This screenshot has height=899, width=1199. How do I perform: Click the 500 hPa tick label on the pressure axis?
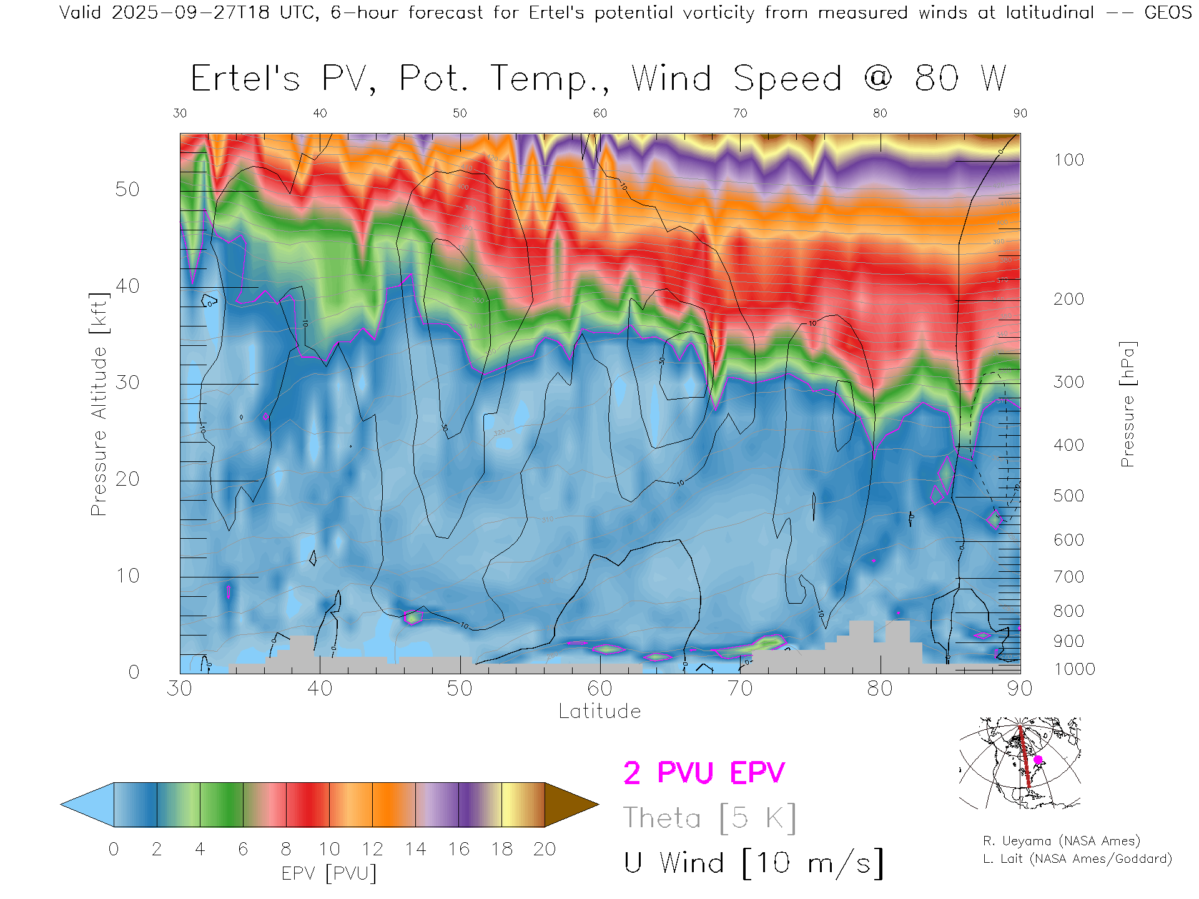[1068, 496]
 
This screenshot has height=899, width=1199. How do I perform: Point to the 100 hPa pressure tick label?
[1068, 160]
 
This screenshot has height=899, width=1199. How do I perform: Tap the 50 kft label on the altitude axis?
[127, 189]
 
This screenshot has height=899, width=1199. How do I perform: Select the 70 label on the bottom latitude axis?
[740, 688]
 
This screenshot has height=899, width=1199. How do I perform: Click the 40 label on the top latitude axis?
[320, 113]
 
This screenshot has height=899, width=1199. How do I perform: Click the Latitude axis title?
[599, 711]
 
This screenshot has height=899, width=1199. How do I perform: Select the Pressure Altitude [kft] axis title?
[99, 404]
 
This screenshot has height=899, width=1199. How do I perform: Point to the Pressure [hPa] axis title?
[1127, 404]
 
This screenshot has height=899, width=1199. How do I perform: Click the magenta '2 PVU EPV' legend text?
[704, 773]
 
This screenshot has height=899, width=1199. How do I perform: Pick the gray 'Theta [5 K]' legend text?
[709, 818]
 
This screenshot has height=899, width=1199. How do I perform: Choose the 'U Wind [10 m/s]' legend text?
[754, 863]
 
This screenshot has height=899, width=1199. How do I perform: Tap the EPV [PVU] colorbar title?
[329, 873]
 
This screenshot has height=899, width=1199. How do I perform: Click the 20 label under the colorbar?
[545, 849]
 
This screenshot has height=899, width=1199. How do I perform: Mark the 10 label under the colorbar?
[329, 849]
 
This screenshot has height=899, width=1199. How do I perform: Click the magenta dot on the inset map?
[1038, 760]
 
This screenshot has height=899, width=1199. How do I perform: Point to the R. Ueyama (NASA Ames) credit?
[1062, 841]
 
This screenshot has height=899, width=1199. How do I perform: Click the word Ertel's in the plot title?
[245, 79]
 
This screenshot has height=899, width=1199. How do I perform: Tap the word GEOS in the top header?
[1168, 12]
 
